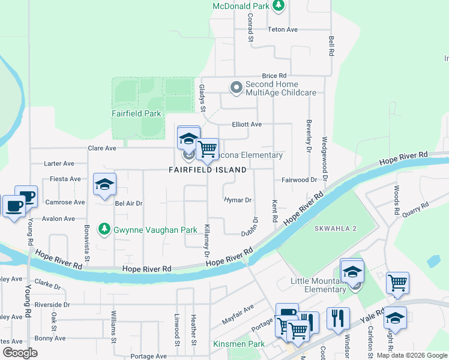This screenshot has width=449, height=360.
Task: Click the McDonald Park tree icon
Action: click(x=278, y=6)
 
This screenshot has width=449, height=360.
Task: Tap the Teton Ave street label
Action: click(x=283, y=29)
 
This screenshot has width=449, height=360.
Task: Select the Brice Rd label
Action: click(x=274, y=76)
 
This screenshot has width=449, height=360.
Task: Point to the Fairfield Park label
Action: click(x=136, y=113)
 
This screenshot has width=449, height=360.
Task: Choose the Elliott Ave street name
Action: click(x=247, y=124)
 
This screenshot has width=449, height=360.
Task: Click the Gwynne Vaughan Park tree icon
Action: click(x=104, y=229)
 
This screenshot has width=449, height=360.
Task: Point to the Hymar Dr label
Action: click(x=238, y=200)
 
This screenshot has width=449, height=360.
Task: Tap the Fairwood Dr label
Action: click(x=298, y=179)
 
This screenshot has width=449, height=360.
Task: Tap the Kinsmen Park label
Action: click(x=239, y=344)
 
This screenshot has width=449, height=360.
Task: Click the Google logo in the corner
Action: click(x=20, y=353)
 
